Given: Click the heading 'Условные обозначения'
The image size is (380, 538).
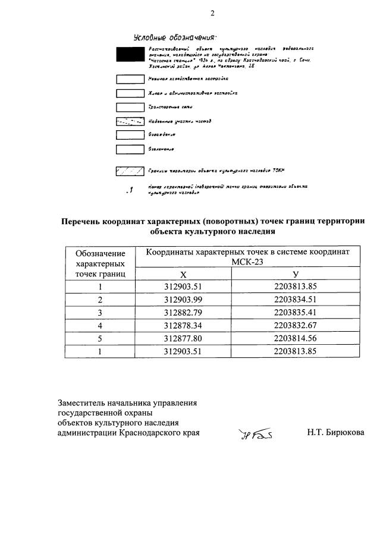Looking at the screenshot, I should (167, 37).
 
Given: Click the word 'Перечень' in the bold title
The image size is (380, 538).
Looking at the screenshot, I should (84, 221).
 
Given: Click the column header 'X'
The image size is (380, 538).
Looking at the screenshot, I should (183, 274).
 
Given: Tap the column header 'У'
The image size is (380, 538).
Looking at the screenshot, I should (296, 274).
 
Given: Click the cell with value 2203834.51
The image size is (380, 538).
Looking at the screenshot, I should (296, 299).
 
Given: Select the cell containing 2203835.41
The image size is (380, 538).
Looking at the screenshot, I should (296, 312).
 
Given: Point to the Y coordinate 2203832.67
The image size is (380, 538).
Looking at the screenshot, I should (296, 325).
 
